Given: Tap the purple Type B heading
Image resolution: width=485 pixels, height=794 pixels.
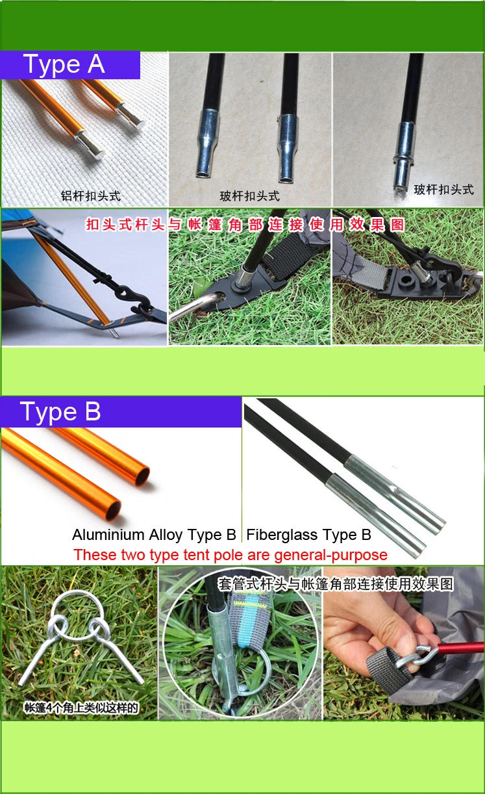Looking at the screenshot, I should click(x=60, y=412).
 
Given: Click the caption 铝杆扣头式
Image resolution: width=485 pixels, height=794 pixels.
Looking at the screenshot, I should click(x=90, y=196).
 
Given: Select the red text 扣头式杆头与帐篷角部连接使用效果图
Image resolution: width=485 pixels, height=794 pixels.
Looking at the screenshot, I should click(x=245, y=225).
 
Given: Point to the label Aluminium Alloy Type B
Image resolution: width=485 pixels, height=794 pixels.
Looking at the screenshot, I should click(x=154, y=535).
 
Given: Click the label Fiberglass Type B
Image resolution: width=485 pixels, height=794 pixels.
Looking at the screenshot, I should click(x=309, y=535).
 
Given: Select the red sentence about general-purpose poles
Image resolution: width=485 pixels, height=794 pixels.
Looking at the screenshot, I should click(x=230, y=555).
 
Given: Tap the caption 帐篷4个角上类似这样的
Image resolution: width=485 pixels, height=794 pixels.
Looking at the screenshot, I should click(x=81, y=708).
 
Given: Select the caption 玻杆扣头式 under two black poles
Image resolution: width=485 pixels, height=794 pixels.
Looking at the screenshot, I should click(x=249, y=196).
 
